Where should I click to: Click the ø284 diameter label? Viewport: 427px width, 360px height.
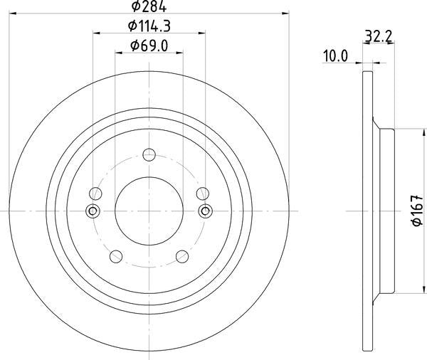(x=149, y=8)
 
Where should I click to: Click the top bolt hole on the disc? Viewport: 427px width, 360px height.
(x=149, y=154)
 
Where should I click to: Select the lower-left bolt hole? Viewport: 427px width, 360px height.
(x=115, y=256)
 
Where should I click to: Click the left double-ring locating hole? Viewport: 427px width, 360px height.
(x=92, y=211)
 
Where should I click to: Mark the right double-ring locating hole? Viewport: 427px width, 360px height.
(x=206, y=211)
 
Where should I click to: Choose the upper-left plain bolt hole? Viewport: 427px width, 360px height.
(x=95, y=192)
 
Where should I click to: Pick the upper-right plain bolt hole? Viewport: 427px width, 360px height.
(x=203, y=192)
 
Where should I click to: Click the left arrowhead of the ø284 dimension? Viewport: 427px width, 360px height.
(x=11, y=13)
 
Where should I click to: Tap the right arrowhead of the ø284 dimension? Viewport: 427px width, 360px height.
(x=286, y=13)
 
